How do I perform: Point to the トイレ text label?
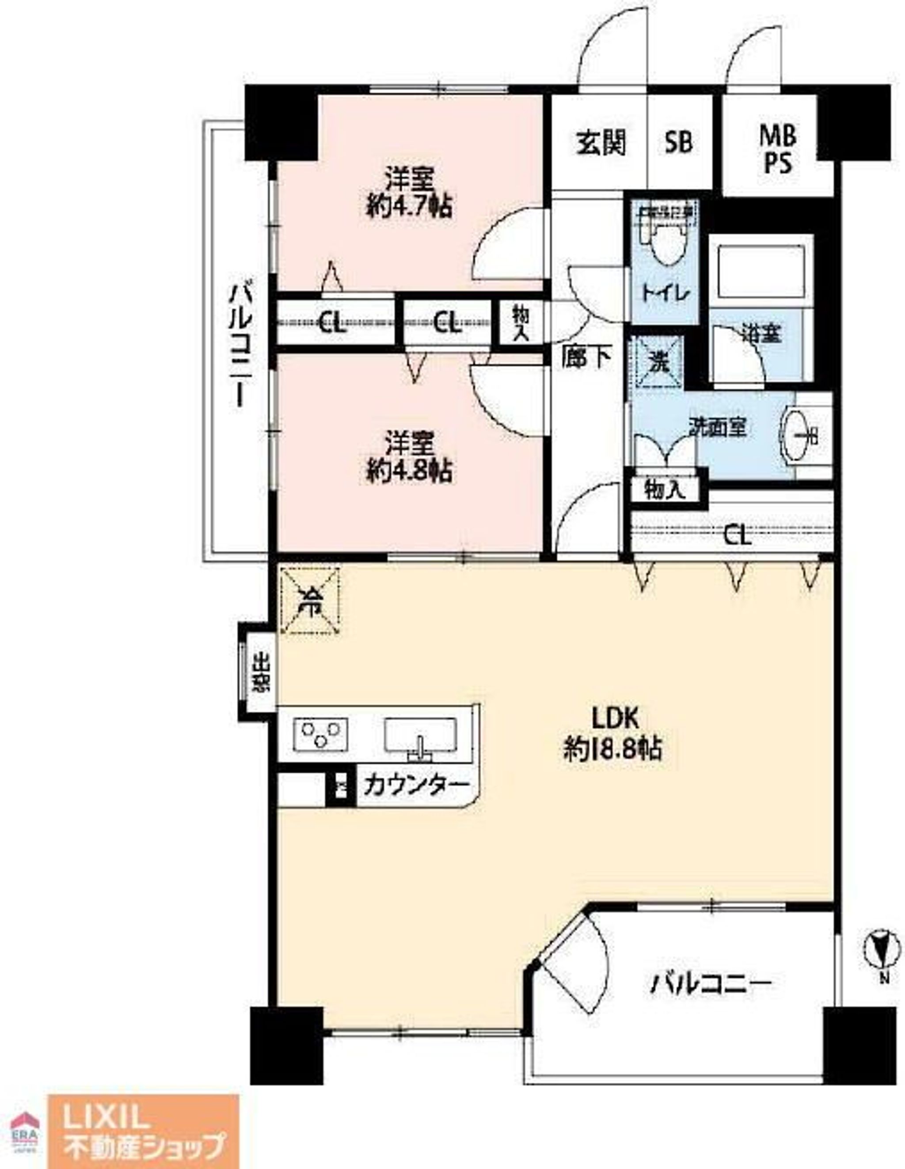(665, 294)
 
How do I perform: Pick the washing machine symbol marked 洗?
(658, 362)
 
